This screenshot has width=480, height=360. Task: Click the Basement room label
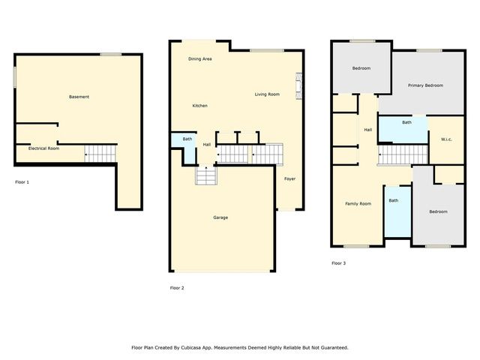pos(79,97)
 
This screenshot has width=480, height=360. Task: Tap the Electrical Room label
pos(43,148)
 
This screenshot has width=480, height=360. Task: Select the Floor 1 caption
pos(22,181)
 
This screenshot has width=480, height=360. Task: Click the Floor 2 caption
pos(177,288)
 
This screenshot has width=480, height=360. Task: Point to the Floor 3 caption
pos(339,263)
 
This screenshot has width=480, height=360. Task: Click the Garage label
pos(220,217)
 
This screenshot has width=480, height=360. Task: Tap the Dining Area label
pos(199,58)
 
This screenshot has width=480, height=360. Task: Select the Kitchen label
pos(199,106)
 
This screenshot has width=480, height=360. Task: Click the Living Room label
pos(267,94)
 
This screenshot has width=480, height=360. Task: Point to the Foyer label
pos(289,178)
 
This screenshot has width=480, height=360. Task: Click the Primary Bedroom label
pos(425,85)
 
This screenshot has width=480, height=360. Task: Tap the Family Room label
pos(358,204)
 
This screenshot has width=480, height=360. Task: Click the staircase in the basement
pos(100,153)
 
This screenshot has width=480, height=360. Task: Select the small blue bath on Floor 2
pos(187,139)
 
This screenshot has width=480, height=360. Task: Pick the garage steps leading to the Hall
pos(205,176)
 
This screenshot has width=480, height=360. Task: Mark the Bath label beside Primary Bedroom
pos(406,122)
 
